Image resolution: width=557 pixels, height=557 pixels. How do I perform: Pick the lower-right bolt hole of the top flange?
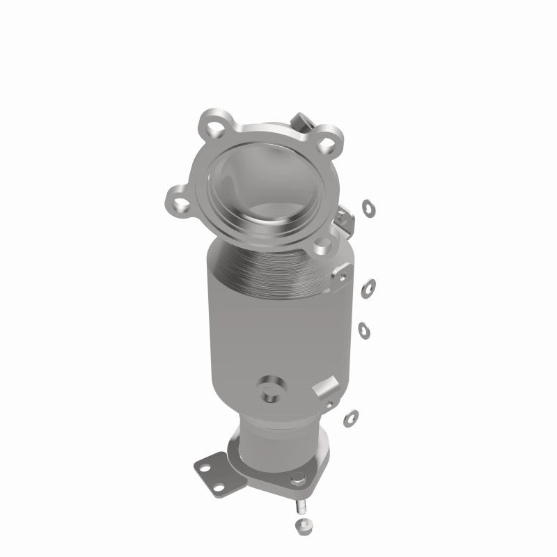[x=321, y=244]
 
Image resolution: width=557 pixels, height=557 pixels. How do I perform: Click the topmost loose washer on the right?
[x=367, y=207]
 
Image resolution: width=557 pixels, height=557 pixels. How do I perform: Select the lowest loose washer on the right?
[x=352, y=417]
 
